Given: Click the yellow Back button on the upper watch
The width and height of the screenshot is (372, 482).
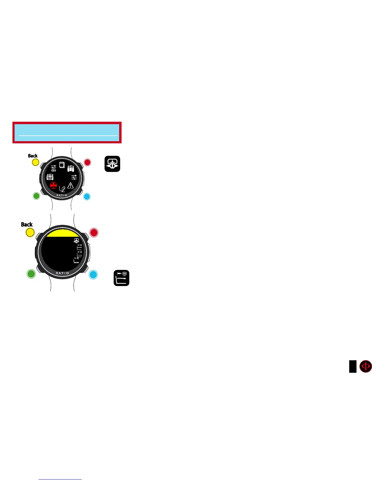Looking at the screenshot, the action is coord(36,162).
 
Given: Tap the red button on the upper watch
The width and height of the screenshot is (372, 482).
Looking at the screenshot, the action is coord(87,162).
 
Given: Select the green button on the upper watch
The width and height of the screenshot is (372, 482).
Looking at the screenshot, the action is coord(36,196).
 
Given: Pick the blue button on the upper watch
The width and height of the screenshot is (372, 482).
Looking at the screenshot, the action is coord(87,197).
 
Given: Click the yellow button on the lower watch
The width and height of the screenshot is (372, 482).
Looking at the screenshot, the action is coord(30,233).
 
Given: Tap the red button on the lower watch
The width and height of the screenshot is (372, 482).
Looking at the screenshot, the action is coord(94,232).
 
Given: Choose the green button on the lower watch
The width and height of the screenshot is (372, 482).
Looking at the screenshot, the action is coord(31,274).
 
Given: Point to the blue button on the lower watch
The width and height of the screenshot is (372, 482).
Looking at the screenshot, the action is coord(93,274).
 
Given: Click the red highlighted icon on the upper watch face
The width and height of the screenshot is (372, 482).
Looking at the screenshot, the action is coord(53,185).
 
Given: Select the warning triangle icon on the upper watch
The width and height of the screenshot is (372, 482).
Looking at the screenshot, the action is coord(71,185).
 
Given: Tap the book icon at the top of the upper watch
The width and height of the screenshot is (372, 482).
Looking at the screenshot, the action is coord(62,165).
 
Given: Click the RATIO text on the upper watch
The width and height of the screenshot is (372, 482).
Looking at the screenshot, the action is coord(62,195).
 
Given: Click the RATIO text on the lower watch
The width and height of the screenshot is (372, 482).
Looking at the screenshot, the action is coord(62,273).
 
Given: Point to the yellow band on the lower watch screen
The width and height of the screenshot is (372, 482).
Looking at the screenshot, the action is coord(62,233).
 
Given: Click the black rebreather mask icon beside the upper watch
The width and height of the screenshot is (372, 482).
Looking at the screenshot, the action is coord(112,164).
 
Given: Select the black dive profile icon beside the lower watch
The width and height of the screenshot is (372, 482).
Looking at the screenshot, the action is coord(122,278).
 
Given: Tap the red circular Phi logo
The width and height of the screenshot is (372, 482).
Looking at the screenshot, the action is coord(365,366).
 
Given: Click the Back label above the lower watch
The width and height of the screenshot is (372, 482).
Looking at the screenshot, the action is coord(27,225).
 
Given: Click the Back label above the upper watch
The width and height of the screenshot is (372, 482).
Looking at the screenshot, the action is coord(33,156).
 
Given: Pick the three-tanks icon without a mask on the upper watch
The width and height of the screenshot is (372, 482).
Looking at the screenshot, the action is coord(71,168).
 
